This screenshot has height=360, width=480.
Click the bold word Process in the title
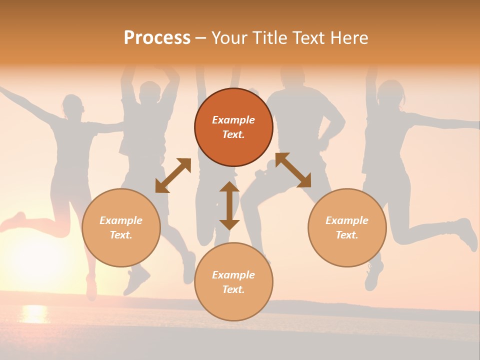[x=157, y=38]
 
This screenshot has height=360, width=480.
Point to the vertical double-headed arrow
[x=229, y=205]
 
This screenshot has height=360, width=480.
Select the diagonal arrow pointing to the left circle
[x=173, y=175]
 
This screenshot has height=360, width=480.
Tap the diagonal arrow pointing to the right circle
[x=293, y=170]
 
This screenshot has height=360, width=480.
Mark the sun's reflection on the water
[x=34, y=313]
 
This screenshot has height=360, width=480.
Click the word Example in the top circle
[x=233, y=120]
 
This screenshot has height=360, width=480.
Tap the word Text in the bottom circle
[x=233, y=289]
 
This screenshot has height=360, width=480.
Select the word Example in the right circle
[x=347, y=220]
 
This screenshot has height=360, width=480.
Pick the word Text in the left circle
[x=121, y=235]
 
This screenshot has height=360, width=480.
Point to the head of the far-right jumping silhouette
[x=389, y=94]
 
